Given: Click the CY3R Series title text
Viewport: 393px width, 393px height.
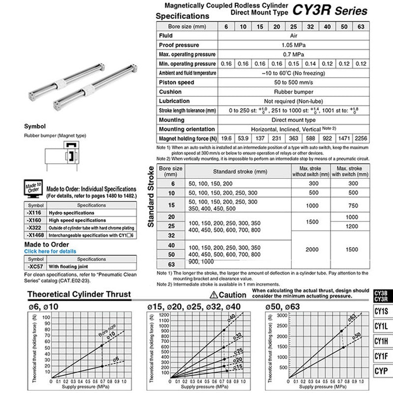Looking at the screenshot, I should tap(330, 10).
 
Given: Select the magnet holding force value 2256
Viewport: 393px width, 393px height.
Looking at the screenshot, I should tap(361, 139).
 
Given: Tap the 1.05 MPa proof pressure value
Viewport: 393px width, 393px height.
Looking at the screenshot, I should tap(293, 45).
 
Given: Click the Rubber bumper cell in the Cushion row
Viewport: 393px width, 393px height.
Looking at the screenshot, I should tap(293, 92).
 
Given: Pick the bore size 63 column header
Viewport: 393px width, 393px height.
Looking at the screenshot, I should tap(361, 27).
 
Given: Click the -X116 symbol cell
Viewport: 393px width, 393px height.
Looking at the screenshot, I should tap(35, 213).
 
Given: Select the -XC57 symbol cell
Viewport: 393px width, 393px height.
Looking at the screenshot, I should tap(35, 266).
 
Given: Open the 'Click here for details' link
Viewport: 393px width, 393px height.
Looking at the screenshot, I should tap(50, 252).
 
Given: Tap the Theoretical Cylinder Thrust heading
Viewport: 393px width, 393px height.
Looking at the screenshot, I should tap(79, 295).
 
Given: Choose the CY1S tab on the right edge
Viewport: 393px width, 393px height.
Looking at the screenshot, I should tap(381, 310).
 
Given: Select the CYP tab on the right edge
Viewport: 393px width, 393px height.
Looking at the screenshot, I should tap(381, 370).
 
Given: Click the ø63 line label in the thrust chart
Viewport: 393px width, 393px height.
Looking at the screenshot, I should tap(352, 318).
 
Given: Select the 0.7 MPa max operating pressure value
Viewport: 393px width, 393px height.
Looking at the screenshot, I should tap(293, 55).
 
